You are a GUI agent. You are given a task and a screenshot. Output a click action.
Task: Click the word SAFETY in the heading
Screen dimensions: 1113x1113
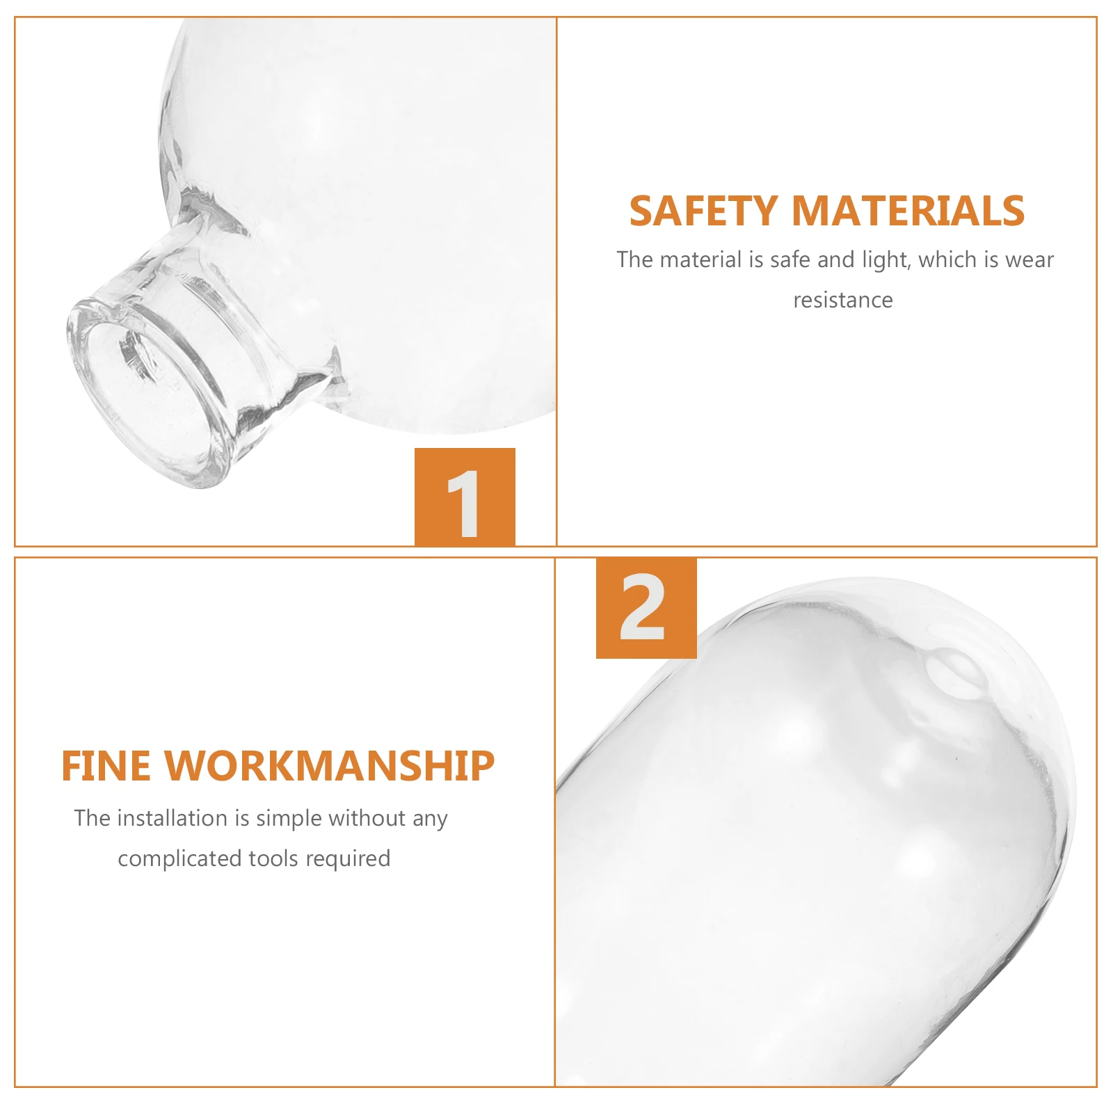703,211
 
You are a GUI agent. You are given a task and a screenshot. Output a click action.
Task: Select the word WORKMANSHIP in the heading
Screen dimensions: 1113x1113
329,767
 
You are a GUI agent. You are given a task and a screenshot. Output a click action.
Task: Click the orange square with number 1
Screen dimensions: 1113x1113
465,497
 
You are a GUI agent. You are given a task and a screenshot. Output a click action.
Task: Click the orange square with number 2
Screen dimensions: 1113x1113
646,608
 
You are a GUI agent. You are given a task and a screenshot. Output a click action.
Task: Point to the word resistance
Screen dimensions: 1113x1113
842,301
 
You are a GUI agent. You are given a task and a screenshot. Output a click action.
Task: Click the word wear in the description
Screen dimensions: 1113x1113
1030,260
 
